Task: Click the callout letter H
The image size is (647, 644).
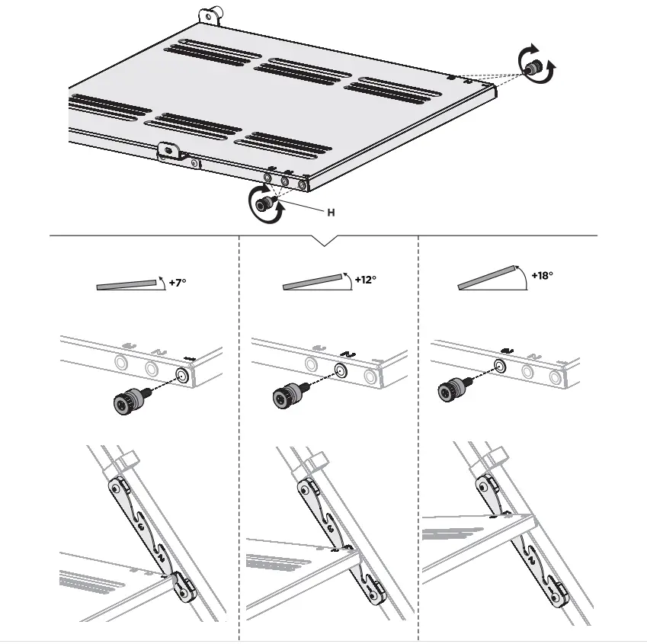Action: [x=331, y=213]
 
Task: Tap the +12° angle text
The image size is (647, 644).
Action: [x=365, y=280]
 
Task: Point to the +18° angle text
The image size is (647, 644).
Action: [x=542, y=275]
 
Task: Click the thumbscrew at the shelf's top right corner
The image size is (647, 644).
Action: [x=536, y=67]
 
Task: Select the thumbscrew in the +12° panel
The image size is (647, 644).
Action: [x=287, y=395]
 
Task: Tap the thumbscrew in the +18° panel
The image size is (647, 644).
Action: [x=450, y=389]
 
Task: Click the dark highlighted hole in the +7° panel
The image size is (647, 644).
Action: [x=181, y=376]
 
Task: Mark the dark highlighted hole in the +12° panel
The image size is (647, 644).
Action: [x=341, y=371]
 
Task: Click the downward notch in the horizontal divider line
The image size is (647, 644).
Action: [x=325, y=241]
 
